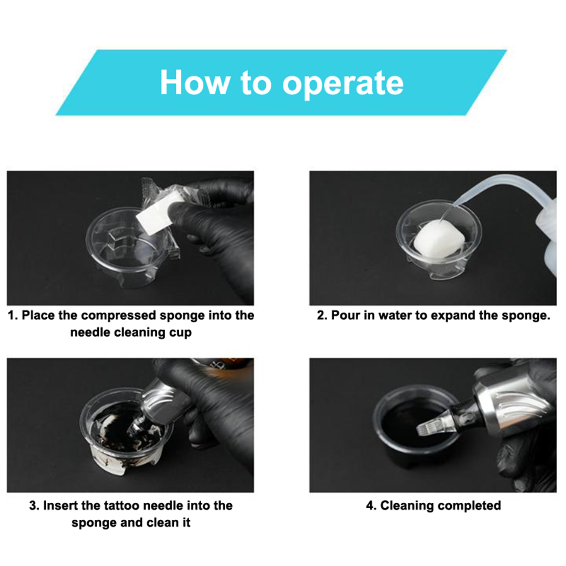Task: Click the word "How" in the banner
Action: point(195,82)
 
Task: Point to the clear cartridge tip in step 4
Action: point(431,427)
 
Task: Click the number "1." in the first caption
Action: point(13,315)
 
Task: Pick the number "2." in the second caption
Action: point(322,315)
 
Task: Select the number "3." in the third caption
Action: point(34,506)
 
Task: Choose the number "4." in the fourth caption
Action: point(371,506)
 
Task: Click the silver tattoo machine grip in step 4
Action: point(513,410)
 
